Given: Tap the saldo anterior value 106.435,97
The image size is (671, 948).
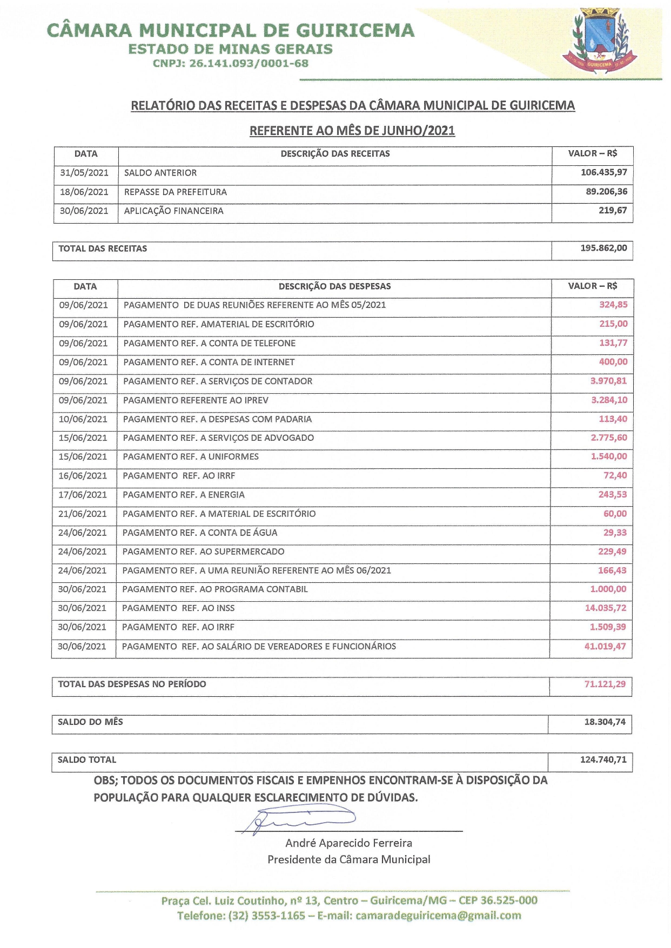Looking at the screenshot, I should (x=603, y=172).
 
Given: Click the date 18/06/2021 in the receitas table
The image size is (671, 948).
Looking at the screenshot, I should (x=84, y=192).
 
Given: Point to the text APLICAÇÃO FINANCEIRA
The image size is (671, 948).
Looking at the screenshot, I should (x=173, y=211).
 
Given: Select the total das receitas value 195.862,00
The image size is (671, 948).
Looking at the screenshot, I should (x=603, y=248).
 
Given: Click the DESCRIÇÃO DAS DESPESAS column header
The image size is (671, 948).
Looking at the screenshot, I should (x=334, y=286).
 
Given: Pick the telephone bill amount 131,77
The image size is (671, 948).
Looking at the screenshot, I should (x=613, y=343).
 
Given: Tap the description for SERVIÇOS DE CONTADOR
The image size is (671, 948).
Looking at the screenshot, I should (x=218, y=381).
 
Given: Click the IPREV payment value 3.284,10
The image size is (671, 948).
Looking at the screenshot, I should (x=609, y=400).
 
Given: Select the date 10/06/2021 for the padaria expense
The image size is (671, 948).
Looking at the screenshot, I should (x=83, y=419).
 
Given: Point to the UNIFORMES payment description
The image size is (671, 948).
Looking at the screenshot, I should (x=191, y=457).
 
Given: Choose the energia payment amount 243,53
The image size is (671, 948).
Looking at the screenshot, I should (x=613, y=495).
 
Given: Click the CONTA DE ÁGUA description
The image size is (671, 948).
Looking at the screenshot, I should (x=200, y=533).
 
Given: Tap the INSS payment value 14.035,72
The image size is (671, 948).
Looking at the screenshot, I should (x=606, y=608).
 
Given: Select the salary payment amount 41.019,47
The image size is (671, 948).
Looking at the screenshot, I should (x=605, y=646).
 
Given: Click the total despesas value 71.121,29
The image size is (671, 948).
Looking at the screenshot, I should (x=605, y=684).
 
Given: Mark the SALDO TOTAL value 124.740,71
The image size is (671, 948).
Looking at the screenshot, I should (x=603, y=759).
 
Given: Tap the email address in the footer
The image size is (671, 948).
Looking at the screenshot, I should (x=438, y=916).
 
